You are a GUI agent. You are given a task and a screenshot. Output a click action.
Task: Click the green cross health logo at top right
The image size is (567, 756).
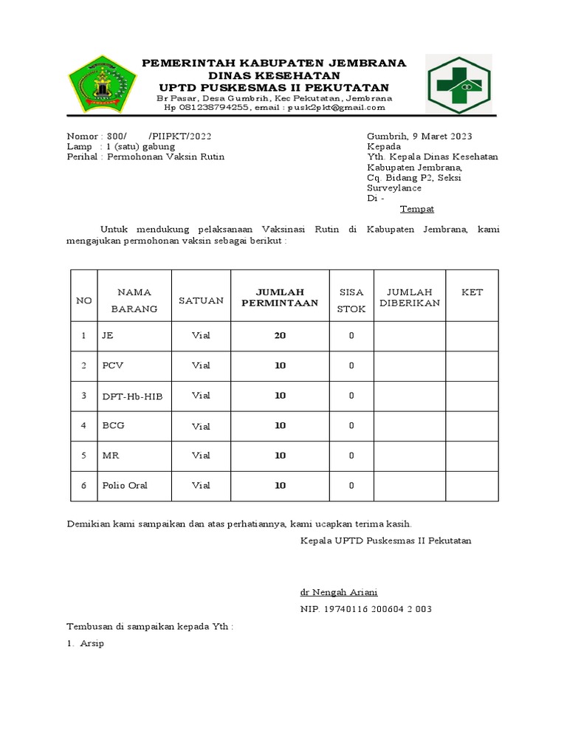point(458,85)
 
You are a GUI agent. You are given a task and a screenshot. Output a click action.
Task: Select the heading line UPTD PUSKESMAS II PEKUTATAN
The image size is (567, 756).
point(274,88)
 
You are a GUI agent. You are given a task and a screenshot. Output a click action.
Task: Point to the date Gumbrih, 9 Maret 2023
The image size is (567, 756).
point(419,137)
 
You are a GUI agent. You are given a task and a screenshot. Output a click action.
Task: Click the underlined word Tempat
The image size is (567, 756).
point(417,209)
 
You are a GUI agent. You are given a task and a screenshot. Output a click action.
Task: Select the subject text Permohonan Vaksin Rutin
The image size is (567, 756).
point(166,157)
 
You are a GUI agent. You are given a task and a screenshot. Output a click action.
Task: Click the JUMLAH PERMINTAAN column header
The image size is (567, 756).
point(280,298)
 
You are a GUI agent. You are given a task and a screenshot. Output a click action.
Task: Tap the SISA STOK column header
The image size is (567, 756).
point(351,300)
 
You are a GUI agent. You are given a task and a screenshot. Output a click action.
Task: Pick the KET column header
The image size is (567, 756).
point(472,292)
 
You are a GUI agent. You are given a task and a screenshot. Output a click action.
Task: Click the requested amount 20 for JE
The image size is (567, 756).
point(280,336)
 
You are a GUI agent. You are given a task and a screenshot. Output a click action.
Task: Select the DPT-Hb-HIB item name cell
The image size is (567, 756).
point(132,396)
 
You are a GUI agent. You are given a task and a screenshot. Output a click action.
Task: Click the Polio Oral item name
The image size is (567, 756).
point(125,486)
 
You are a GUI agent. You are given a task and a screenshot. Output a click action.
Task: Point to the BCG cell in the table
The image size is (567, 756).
point(113,426)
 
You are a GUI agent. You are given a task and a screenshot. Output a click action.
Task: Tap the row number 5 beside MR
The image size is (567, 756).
point(84,456)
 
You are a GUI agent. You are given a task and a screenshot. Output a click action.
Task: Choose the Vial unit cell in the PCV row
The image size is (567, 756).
point(201,365)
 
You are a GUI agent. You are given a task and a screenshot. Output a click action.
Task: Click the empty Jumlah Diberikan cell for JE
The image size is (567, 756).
point(409,336)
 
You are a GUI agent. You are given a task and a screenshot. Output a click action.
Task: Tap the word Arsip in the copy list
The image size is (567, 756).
point(92,644)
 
